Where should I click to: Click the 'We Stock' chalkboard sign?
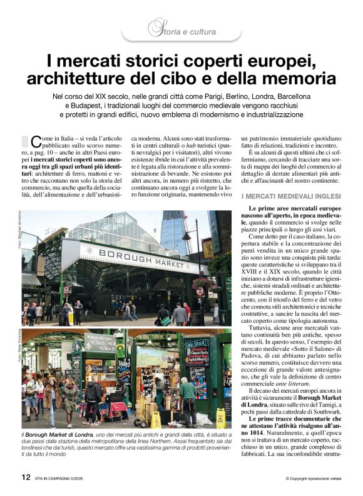pyautogui.click(x=197, y=345)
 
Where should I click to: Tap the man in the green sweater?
pyautogui.click(x=188, y=395)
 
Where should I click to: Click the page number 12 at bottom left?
pyautogui.click(x=26, y=477)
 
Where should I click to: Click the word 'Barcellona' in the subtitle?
pyautogui.click(x=286, y=97)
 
